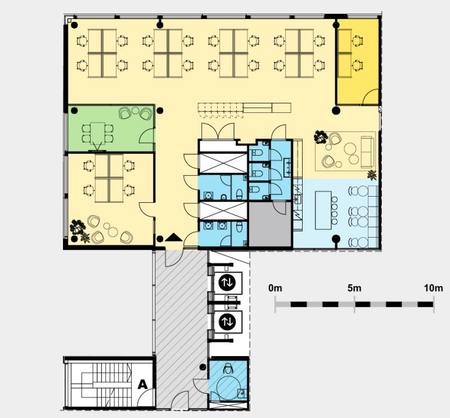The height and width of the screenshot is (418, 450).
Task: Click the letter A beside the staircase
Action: click(143, 384)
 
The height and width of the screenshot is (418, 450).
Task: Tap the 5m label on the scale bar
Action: click(354, 288)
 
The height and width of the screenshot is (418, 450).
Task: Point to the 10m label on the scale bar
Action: click(433, 288)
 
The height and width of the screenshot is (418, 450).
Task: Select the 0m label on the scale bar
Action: click(275, 288)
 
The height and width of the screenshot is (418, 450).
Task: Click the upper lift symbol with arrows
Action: click(227, 283)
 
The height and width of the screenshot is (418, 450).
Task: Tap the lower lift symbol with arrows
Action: click(227, 321)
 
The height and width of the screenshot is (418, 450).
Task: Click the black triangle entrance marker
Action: click(173, 238)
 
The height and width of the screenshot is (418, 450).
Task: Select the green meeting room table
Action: click(97, 134)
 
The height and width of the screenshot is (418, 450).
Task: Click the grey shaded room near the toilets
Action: click(270, 224)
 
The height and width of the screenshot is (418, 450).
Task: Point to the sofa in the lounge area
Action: click(368, 152)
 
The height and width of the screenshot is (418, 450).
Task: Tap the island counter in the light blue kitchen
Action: click(323, 211)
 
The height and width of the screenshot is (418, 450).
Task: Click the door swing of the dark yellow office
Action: click(370, 96)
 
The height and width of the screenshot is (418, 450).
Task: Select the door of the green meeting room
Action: click(147, 135)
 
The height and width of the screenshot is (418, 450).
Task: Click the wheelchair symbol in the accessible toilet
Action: click(229, 368)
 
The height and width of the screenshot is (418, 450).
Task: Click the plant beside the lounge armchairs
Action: click(321, 137)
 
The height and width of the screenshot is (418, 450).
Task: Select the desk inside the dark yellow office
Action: click(345, 53)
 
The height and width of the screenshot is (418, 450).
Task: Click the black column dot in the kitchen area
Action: click(336, 239)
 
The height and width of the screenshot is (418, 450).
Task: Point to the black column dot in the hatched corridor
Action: click(202, 366)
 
